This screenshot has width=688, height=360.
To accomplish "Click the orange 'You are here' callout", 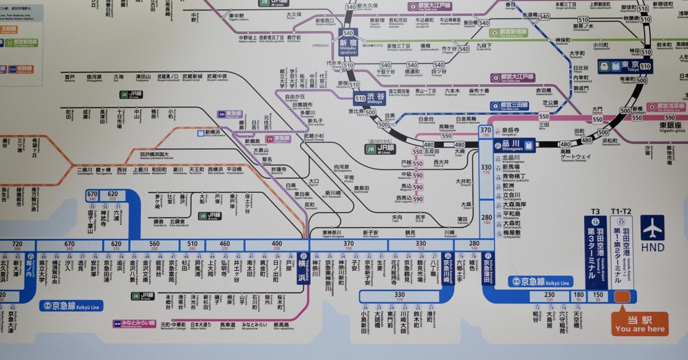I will point(640,324).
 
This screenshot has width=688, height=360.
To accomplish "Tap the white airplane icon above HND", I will point(652,227).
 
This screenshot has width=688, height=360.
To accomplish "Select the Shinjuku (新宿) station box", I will point(348,45).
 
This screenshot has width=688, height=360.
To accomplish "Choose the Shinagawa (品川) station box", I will point(514,145).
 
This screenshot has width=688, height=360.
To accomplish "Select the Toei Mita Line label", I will point(510,106).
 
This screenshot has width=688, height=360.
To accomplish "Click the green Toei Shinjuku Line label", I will point(508,32).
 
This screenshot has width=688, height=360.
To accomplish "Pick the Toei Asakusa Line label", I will point(661,107).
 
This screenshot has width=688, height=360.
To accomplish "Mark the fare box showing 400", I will point(277,244).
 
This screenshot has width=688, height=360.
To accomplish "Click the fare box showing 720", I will point(17,244).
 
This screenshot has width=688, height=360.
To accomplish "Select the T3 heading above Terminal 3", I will point(596,211).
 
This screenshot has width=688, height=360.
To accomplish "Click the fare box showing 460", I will point(224,244).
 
